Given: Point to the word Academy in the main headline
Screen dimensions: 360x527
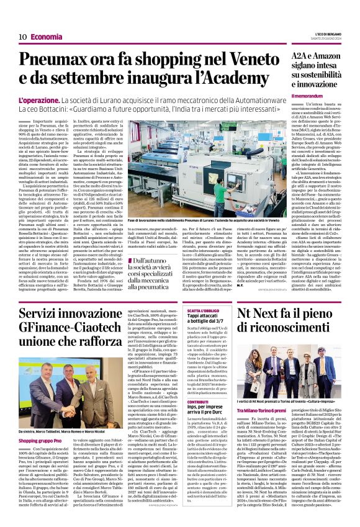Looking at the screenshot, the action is pyautogui.click(x=245, y=83).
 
